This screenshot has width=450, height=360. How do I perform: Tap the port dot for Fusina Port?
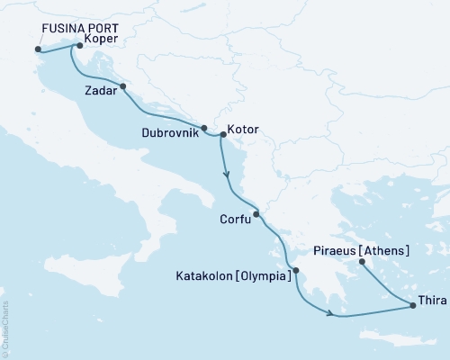tap(38, 49)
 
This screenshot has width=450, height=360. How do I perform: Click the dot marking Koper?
tap(80, 45)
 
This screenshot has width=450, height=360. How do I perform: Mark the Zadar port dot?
tap(122, 87)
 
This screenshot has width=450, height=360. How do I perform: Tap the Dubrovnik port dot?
tap(204, 128)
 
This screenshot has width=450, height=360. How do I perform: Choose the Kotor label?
tap(244, 130)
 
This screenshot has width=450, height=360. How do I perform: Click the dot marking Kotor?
tap(222, 135)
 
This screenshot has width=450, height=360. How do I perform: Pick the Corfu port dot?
tap(256, 214)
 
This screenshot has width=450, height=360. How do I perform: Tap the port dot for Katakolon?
tap(296, 270)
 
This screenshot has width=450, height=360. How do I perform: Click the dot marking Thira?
tap(412, 306)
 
